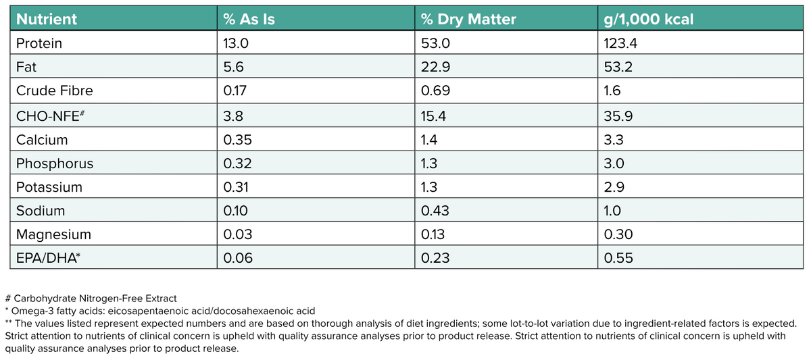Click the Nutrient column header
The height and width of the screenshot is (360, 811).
[x=47, y=20]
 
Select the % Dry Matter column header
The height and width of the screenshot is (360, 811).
[x=468, y=20]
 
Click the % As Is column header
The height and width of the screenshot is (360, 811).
[x=249, y=20]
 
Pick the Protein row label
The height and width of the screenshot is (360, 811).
[x=39, y=44]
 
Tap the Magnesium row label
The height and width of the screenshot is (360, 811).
[x=53, y=234]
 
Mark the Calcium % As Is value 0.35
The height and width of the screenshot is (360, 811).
[x=237, y=140]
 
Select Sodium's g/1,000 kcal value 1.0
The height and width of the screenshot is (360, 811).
[x=612, y=211]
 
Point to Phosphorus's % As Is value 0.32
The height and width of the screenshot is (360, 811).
[x=237, y=163]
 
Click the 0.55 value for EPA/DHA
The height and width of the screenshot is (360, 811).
[x=618, y=257]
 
